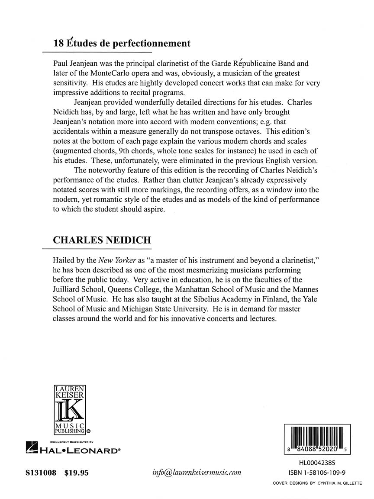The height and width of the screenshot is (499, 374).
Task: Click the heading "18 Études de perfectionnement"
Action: (122, 43)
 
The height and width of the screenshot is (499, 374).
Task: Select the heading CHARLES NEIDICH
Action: (102, 240)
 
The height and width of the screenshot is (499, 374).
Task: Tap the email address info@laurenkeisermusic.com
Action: (197, 473)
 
